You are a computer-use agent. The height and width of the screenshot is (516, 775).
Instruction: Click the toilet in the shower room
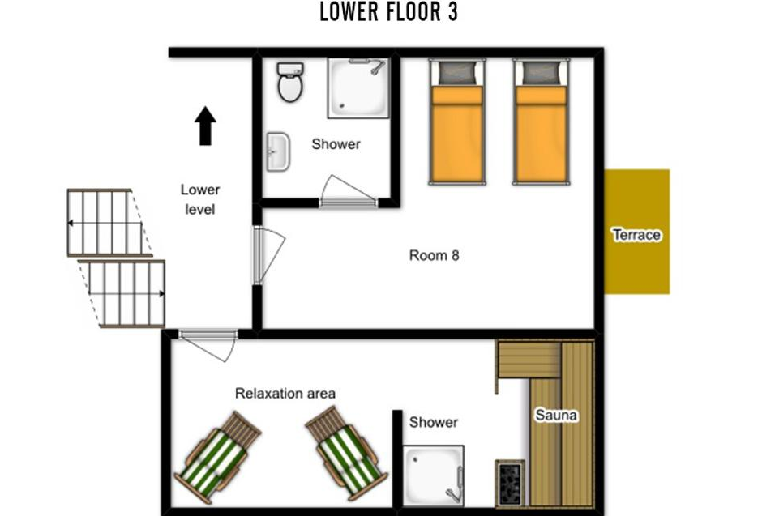click(x=290, y=82)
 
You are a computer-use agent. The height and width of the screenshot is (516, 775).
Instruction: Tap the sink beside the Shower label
click(x=278, y=151)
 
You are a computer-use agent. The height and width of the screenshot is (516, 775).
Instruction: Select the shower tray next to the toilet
click(x=358, y=88)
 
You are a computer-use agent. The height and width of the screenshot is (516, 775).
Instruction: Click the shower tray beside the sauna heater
click(x=433, y=475)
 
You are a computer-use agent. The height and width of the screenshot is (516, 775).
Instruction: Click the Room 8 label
click(x=434, y=255)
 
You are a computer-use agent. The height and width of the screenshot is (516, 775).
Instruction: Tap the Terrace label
click(x=636, y=235)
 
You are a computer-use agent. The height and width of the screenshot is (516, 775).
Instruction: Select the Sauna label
click(x=556, y=415)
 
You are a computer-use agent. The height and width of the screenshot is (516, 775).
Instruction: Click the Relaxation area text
click(x=285, y=393)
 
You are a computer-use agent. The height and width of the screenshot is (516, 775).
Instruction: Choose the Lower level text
click(x=199, y=199)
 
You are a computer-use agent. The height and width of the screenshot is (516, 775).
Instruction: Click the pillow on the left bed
click(x=457, y=73)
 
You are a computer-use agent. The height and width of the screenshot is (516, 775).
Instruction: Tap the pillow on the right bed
click(x=542, y=73)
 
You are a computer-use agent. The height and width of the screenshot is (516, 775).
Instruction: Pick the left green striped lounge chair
click(x=217, y=457)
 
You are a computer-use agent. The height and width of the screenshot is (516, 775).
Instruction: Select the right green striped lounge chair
click(x=346, y=453)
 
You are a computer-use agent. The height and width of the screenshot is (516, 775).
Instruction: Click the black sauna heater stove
click(x=510, y=483)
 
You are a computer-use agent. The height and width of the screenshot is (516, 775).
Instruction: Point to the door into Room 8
click(x=267, y=255)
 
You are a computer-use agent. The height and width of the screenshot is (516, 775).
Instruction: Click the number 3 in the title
click(x=452, y=12)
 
